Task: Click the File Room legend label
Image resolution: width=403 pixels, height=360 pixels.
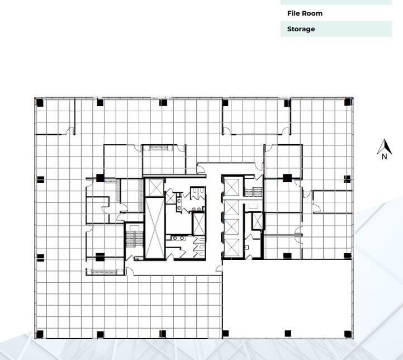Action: pos(305,13)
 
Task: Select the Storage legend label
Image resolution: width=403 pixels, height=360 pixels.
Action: pos(301,29)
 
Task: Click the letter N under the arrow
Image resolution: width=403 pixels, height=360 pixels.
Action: pos(384,157)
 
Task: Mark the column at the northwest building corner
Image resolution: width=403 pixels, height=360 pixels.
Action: pos(39,102)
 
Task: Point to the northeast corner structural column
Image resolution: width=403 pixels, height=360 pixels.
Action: pos(348,102)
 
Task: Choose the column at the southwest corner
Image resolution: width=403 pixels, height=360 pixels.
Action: pos(39,335)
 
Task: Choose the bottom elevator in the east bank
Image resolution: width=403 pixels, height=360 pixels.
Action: pos(231,247)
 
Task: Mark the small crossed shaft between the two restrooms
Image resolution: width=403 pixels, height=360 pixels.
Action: pos(198,223)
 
